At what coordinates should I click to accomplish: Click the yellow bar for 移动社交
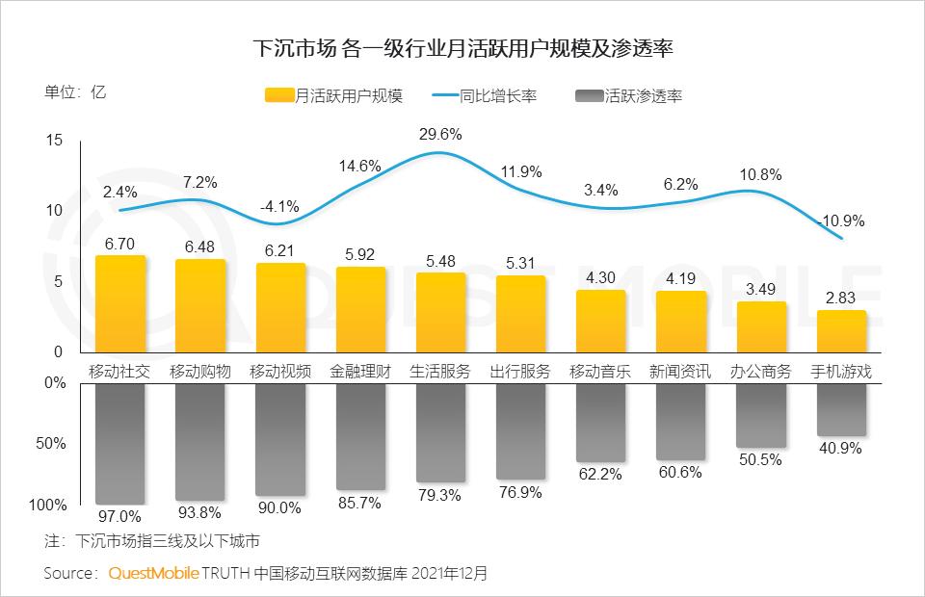(x=119, y=304)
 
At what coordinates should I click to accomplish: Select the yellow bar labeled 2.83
(x=841, y=331)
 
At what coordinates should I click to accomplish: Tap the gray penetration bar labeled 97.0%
(x=119, y=443)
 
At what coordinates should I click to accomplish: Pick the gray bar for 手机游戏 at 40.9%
(x=841, y=409)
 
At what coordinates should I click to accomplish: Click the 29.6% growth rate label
(x=440, y=133)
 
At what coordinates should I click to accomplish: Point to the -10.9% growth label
(x=841, y=221)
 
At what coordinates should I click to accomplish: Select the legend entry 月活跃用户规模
(x=333, y=95)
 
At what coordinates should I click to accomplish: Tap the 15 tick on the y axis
(x=54, y=141)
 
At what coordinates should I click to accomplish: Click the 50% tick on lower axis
(x=54, y=444)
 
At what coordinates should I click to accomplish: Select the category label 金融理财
(x=360, y=371)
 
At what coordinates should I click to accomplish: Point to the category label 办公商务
(x=761, y=371)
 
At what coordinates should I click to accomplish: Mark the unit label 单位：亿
(x=75, y=93)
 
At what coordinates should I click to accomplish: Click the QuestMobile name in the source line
(x=153, y=573)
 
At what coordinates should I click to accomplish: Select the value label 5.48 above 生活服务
(x=440, y=260)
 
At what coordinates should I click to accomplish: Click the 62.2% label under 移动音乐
(x=600, y=474)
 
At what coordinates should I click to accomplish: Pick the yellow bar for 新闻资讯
(x=681, y=322)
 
